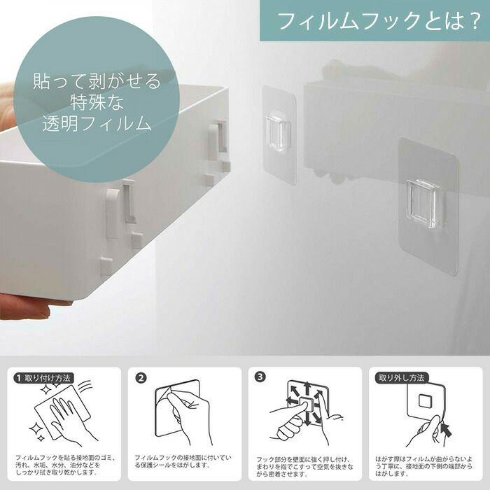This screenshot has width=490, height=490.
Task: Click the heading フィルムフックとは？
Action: click(379, 20)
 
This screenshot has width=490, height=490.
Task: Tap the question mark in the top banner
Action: click(472, 20)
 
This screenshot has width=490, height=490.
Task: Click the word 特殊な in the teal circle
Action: click(97, 102)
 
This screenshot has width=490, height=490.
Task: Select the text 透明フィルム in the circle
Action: click(97, 123)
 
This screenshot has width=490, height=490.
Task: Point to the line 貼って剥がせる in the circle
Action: click(97, 81)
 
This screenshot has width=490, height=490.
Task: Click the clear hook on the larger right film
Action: click(421, 204)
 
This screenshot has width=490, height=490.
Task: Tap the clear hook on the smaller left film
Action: click(277, 132)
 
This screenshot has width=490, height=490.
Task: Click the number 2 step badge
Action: click(141, 378)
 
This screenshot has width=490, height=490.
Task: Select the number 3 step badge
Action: click(260, 377)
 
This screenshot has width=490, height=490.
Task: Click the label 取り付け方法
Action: click(48, 378)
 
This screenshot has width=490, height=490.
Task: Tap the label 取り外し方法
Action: click(402, 378)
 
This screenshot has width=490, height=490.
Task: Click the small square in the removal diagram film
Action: click(424, 401)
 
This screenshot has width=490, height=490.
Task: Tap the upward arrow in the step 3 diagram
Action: click(307, 388)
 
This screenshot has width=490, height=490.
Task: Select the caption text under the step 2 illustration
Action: click(183, 461)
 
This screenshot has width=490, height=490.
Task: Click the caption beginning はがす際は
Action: click(423, 466)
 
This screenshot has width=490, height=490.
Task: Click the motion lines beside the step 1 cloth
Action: click(85, 386)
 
